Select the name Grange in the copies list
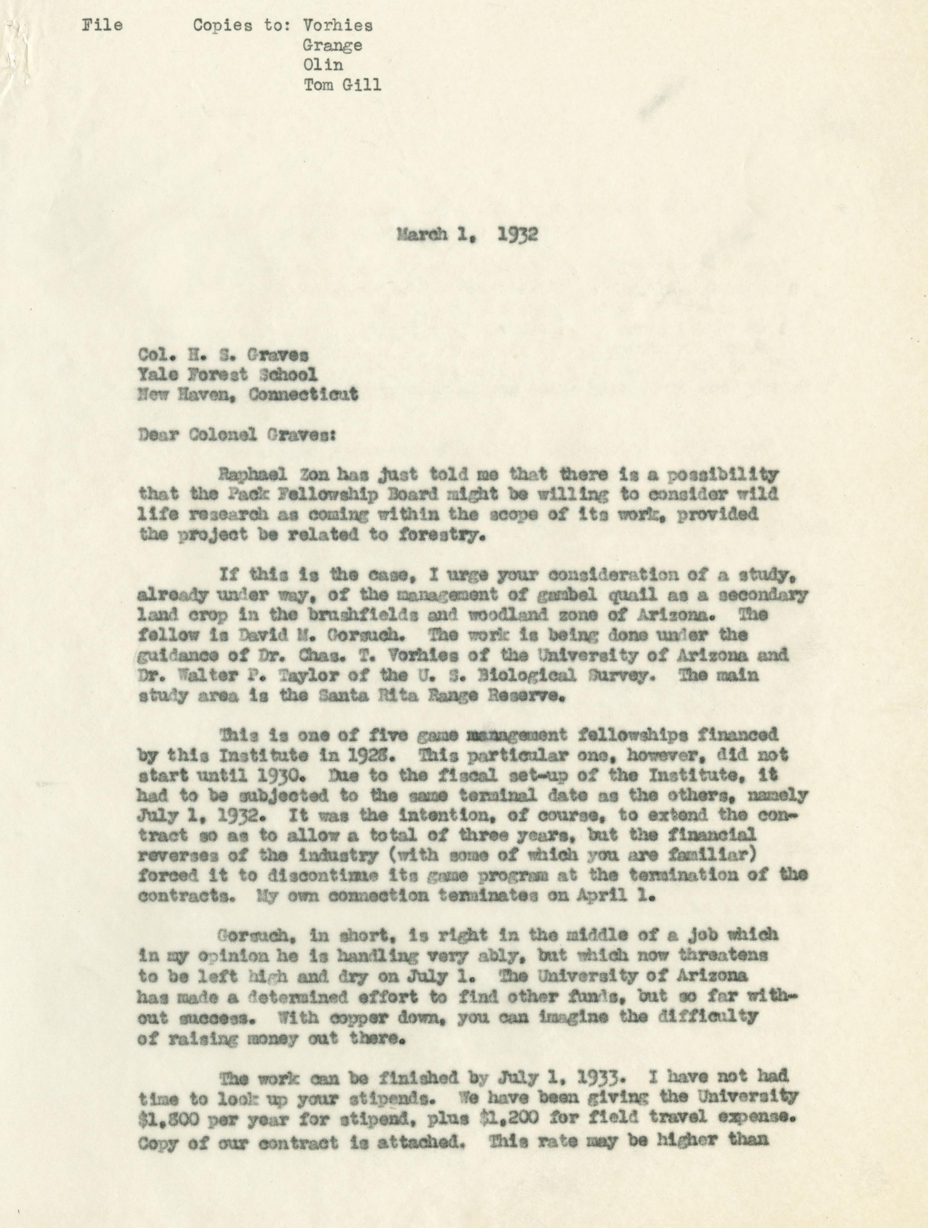[332, 46]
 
